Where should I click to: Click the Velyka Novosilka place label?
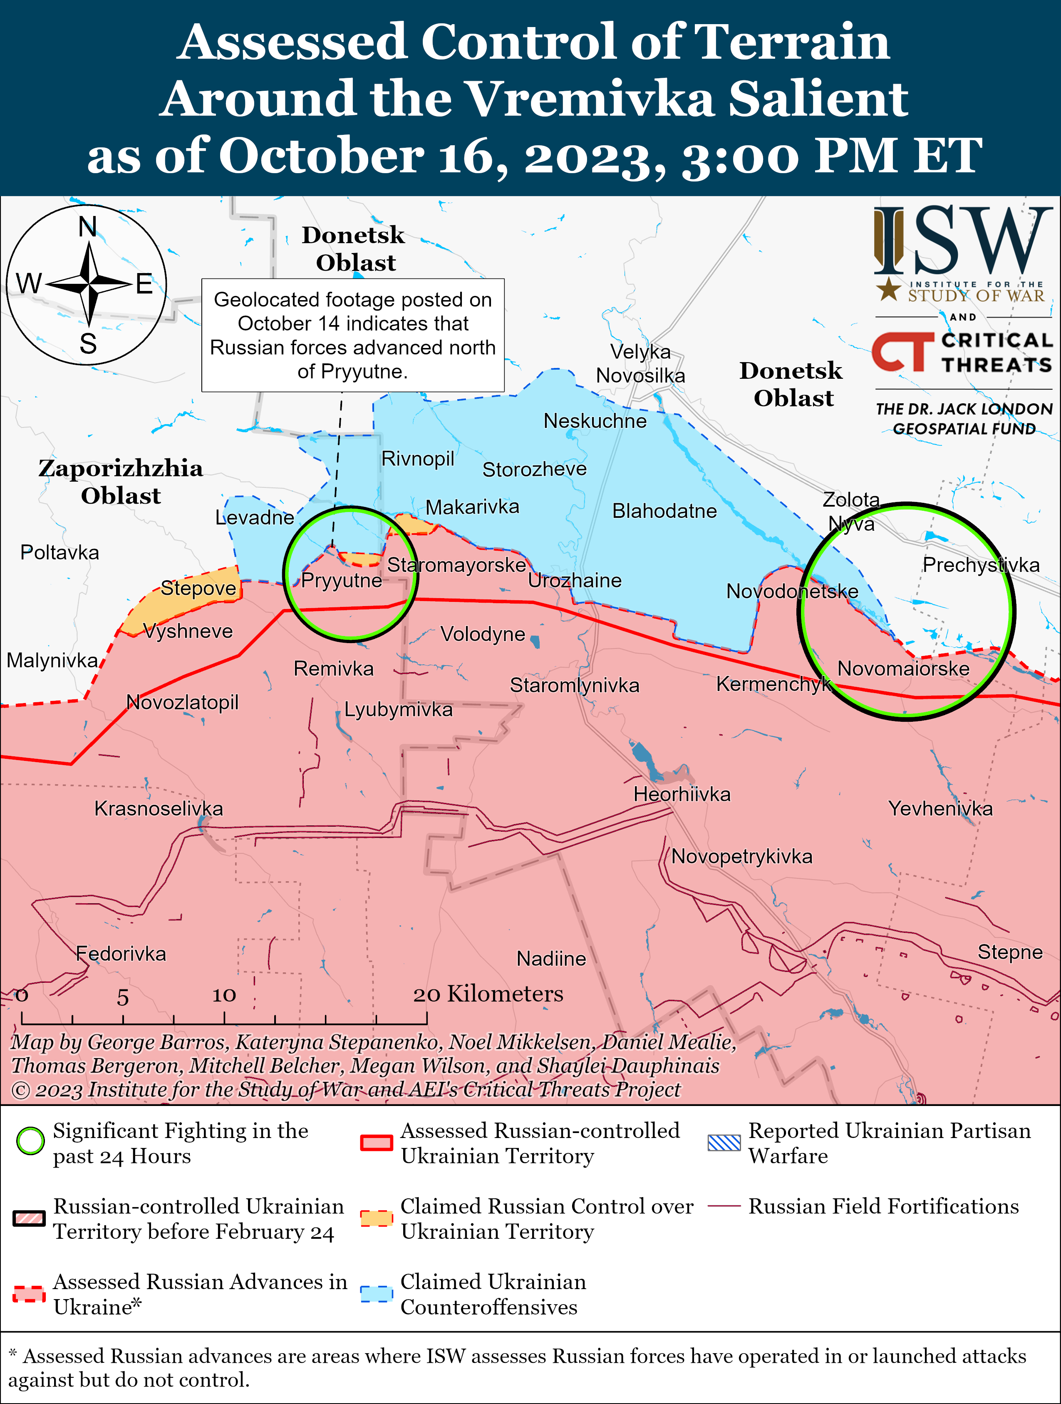coord(640,364)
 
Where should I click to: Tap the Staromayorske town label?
coord(456,565)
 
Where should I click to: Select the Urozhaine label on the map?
coord(574,580)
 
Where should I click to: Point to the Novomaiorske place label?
coord(903,668)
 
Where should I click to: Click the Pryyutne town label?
coord(342,580)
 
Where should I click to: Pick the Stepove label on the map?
coord(198,589)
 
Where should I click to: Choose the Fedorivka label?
coord(121,953)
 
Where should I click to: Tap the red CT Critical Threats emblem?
coord(902,352)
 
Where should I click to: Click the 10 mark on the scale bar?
coord(223,995)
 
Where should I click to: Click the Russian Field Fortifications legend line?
coord(724,1206)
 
